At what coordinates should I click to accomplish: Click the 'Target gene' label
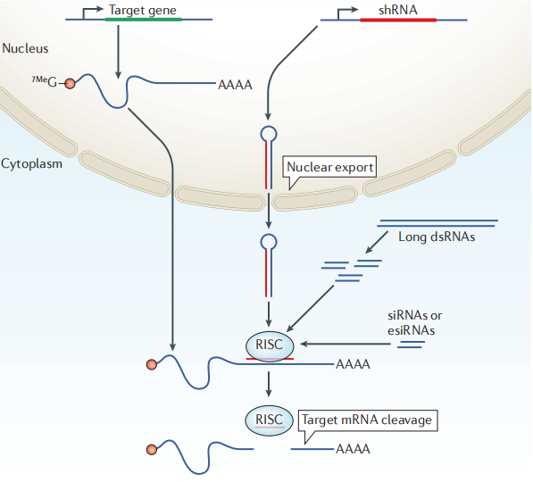(143, 11)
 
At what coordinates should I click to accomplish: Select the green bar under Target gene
(144, 20)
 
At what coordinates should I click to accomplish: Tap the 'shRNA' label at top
(397, 10)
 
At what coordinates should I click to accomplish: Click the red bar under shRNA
(398, 20)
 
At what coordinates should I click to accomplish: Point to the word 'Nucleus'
(25, 48)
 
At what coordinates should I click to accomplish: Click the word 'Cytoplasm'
(31, 163)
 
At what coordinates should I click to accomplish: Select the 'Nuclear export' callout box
(329, 167)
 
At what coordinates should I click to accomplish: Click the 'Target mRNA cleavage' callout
(368, 420)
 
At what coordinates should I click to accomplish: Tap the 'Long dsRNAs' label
(437, 237)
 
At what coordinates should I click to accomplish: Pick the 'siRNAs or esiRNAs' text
(415, 323)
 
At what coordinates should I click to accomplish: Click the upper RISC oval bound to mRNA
(270, 345)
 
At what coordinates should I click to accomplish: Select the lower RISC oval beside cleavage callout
(269, 420)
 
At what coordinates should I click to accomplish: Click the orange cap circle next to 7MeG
(70, 83)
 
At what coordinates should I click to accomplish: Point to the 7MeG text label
(44, 81)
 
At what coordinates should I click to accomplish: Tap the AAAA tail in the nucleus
(235, 85)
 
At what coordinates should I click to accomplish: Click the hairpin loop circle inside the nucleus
(269, 134)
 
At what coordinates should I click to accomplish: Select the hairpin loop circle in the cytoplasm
(269, 242)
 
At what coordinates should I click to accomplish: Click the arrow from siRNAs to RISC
(346, 344)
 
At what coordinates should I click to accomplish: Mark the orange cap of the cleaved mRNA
(152, 450)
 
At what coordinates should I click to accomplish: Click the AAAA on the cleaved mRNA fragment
(353, 449)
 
